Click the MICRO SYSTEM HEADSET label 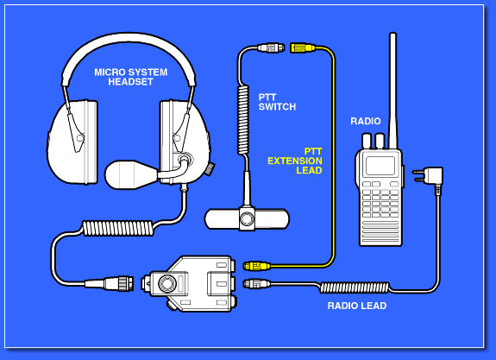pyautogui.click(x=130, y=77)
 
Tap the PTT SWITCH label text pyautogui.click(x=277, y=102)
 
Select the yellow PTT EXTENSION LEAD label pyautogui.click(x=295, y=161)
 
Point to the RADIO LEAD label pyautogui.click(x=357, y=306)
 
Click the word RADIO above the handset pyautogui.click(x=366, y=121)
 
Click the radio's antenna pyautogui.click(x=392, y=91)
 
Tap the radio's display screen pyautogui.click(x=380, y=165)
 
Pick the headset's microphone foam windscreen pyautogui.click(x=131, y=174)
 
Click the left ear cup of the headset pyautogui.click(x=72, y=142)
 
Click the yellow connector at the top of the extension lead pyautogui.click(x=303, y=48)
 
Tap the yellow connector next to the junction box pyautogui.click(x=256, y=266)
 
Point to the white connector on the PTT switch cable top pyautogui.click(x=271, y=47)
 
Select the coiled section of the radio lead pyautogui.click(x=355, y=287)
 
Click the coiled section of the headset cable pyautogui.click(x=118, y=228)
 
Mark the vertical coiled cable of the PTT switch pyautogui.click(x=243, y=120)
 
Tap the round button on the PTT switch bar pyautogui.click(x=247, y=218)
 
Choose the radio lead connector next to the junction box pyautogui.click(x=256, y=283)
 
